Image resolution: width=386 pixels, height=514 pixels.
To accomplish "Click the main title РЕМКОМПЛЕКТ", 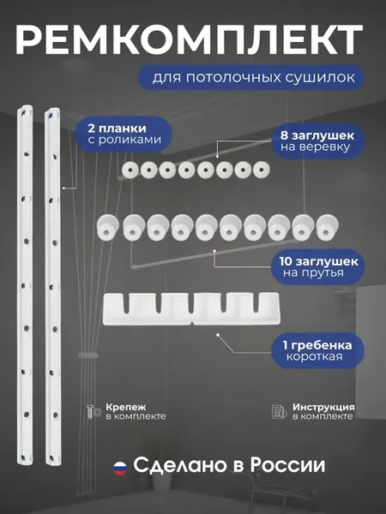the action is tap(189, 39).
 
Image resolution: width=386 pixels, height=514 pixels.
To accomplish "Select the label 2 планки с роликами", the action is tap(124, 134).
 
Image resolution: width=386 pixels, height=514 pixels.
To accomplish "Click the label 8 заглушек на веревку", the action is tap(317, 141).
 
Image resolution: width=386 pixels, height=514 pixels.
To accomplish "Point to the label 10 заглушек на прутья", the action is tap(319, 267).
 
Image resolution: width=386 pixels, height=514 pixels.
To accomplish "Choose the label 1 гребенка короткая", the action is tap(317, 350).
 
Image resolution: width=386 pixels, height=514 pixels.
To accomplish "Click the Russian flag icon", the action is tap(120, 469).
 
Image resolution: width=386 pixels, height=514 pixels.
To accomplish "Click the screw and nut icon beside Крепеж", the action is tap(94, 412).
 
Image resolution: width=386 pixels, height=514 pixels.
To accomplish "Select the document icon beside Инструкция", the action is tap(280, 412).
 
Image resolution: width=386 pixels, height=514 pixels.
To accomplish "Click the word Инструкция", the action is tap(323, 407).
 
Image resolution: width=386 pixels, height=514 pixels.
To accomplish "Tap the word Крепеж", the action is tap(126, 407).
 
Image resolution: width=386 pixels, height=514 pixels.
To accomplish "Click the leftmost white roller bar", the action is tap(25, 284).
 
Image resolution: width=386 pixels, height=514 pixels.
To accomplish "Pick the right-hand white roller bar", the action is tap(53, 286).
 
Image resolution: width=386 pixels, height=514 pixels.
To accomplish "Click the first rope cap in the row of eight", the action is tap(130, 170).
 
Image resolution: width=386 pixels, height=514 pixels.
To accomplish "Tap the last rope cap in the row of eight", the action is tap(262, 170).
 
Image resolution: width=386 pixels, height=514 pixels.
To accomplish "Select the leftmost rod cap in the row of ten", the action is tap(108, 226).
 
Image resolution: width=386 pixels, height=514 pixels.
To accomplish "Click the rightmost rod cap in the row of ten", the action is tap(328, 227).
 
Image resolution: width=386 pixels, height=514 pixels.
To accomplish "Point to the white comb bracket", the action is tap(191, 308).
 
